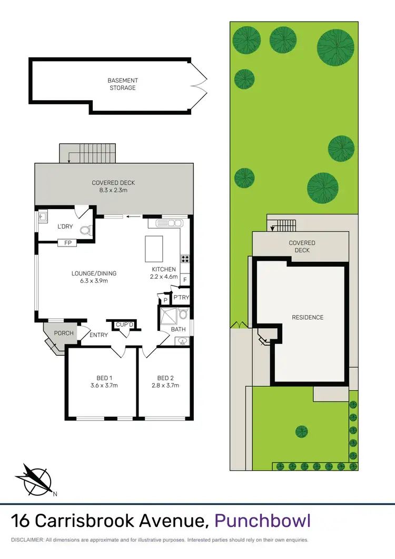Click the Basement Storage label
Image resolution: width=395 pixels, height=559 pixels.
[x=122, y=84]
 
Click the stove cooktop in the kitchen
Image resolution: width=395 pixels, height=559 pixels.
[x=185, y=259]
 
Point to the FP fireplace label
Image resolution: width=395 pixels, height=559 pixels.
[x=67, y=243]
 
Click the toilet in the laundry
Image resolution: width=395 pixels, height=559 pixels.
[x=85, y=230]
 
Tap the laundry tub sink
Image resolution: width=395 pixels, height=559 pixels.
[x=42, y=215]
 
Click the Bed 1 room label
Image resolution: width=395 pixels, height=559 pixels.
[x=104, y=378]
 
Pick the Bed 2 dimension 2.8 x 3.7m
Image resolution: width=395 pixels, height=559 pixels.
[x=165, y=385]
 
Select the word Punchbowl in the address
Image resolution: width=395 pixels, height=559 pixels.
[x=263, y=521]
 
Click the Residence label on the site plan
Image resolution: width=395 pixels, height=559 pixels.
[x=308, y=317]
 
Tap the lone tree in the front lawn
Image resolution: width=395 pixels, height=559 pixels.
[x=301, y=431]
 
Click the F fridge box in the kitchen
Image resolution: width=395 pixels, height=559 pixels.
[x=185, y=279]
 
